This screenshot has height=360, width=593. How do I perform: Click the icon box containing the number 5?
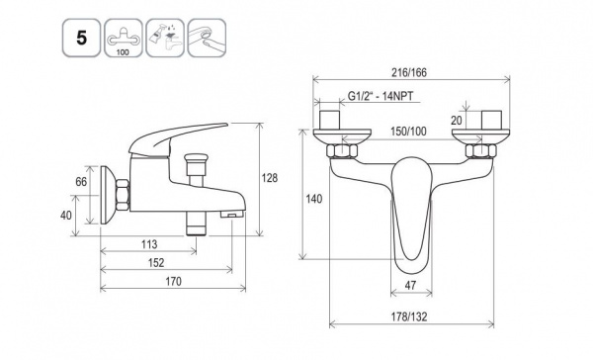point(82,38)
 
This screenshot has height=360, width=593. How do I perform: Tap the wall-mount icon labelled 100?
point(124,38)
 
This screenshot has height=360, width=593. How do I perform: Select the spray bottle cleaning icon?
point(165,38)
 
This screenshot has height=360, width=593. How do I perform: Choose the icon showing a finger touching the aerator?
point(207,38)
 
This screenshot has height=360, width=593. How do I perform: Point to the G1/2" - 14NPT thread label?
point(381,96)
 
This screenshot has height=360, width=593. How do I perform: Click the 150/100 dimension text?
point(408,131)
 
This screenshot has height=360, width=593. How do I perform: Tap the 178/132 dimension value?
point(411,316)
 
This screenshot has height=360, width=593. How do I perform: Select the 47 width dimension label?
point(411,285)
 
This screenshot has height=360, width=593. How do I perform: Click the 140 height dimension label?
point(314,199)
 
